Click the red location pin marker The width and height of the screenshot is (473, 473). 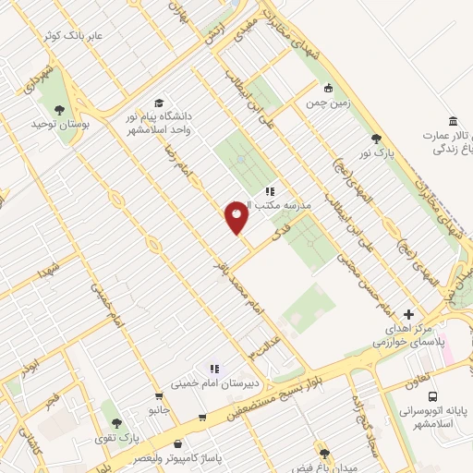click(x=236, y=217)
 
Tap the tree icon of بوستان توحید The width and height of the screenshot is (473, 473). click(x=60, y=109)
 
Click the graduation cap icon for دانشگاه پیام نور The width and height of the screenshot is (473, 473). click(x=159, y=103)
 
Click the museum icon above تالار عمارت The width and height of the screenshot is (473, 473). click(x=452, y=122)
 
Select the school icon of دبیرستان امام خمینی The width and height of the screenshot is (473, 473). click(x=214, y=368)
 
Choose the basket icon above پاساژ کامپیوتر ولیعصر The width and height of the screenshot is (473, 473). click(x=202, y=417)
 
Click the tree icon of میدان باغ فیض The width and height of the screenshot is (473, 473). click(x=324, y=454)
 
